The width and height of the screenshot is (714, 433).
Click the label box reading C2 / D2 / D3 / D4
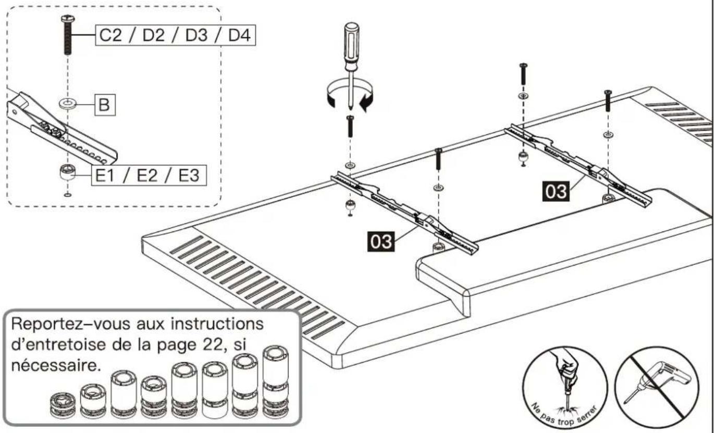(x=175, y=35)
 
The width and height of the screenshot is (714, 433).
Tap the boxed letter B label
(x=104, y=105)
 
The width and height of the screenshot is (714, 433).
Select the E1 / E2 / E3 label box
(x=149, y=175)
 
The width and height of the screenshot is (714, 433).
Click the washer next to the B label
(x=68, y=104)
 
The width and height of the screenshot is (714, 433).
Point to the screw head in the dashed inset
(x=68, y=18)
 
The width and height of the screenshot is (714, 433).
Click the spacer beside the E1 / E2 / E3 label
(x=67, y=172)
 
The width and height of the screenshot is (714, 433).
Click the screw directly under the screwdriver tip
(x=350, y=126)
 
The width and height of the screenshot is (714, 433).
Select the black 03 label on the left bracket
(x=380, y=241)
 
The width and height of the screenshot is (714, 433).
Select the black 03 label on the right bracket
(x=556, y=192)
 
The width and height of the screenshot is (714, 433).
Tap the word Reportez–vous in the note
(x=71, y=325)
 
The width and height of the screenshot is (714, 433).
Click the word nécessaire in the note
(x=54, y=365)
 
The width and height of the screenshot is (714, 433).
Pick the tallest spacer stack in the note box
(x=276, y=382)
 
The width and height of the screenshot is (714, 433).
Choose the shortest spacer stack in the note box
(x=63, y=405)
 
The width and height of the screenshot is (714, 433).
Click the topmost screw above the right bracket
(x=523, y=74)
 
